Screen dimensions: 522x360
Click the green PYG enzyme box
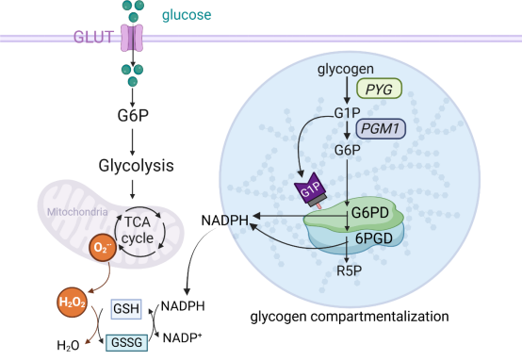pyautogui.click(x=379, y=89)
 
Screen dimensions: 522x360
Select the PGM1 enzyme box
pyautogui.click(x=381, y=128)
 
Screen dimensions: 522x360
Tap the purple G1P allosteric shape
pyautogui.click(x=310, y=188)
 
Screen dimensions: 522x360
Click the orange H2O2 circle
pyautogui.click(x=73, y=303)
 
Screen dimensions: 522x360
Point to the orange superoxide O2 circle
pyautogui.click(x=103, y=248)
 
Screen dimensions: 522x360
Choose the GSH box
pyautogui.click(x=126, y=309)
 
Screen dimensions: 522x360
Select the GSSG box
pyautogui.click(x=126, y=342)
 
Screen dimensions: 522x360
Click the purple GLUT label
pyautogui.click(x=93, y=37)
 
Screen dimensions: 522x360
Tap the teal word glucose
pyautogui.click(x=187, y=15)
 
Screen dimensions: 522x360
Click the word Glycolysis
pyautogui.click(x=136, y=166)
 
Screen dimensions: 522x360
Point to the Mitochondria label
pyautogui.click(x=77, y=212)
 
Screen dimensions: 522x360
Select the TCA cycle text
pyautogui.click(x=138, y=230)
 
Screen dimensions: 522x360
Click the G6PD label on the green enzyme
pyautogui.click(x=370, y=212)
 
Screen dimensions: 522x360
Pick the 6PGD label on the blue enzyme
pyautogui.click(x=374, y=238)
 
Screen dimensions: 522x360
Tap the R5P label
pyautogui.click(x=349, y=270)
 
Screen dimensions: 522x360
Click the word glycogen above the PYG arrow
pyautogui.click(x=346, y=70)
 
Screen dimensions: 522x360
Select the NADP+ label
pyautogui.click(x=182, y=337)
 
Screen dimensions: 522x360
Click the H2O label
pyautogui.click(x=68, y=346)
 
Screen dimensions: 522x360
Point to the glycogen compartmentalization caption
pyautogui.click(x=350, y=317)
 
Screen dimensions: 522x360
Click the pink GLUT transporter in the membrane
pyautogui.click(x=132, y=38)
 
